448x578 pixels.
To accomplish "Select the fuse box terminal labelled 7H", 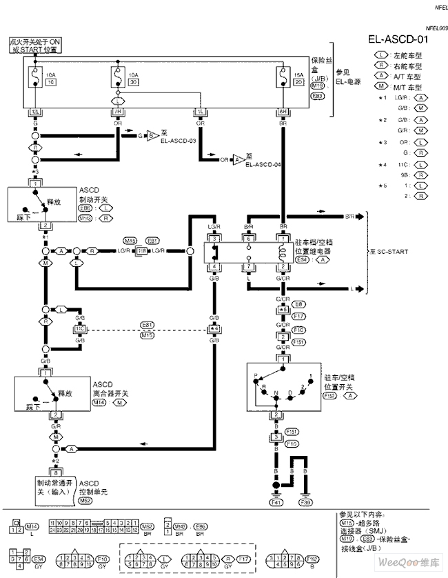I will click(118, 111).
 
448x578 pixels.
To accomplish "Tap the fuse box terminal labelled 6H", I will click(283, 111).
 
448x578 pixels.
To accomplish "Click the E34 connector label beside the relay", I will click(302, 259).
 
